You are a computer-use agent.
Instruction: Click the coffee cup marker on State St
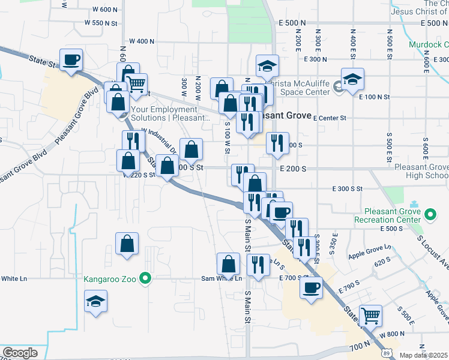(x=71, y=60)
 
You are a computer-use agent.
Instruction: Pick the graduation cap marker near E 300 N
(x=268, y=66)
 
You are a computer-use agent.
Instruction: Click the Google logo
(x=20, y=353)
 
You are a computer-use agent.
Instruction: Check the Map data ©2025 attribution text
(x=424, y=355)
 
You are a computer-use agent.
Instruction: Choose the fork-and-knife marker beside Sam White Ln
(x=258, y=265)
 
